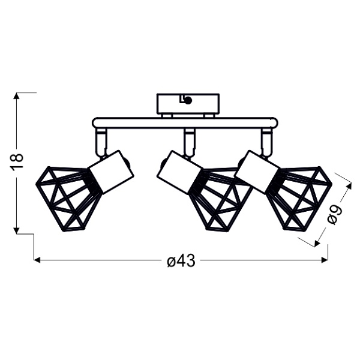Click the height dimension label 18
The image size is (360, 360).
17,161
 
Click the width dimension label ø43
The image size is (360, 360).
181,260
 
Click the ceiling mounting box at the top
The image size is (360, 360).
188,103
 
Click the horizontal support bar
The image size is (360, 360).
185,123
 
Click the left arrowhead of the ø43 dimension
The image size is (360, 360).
37,260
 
